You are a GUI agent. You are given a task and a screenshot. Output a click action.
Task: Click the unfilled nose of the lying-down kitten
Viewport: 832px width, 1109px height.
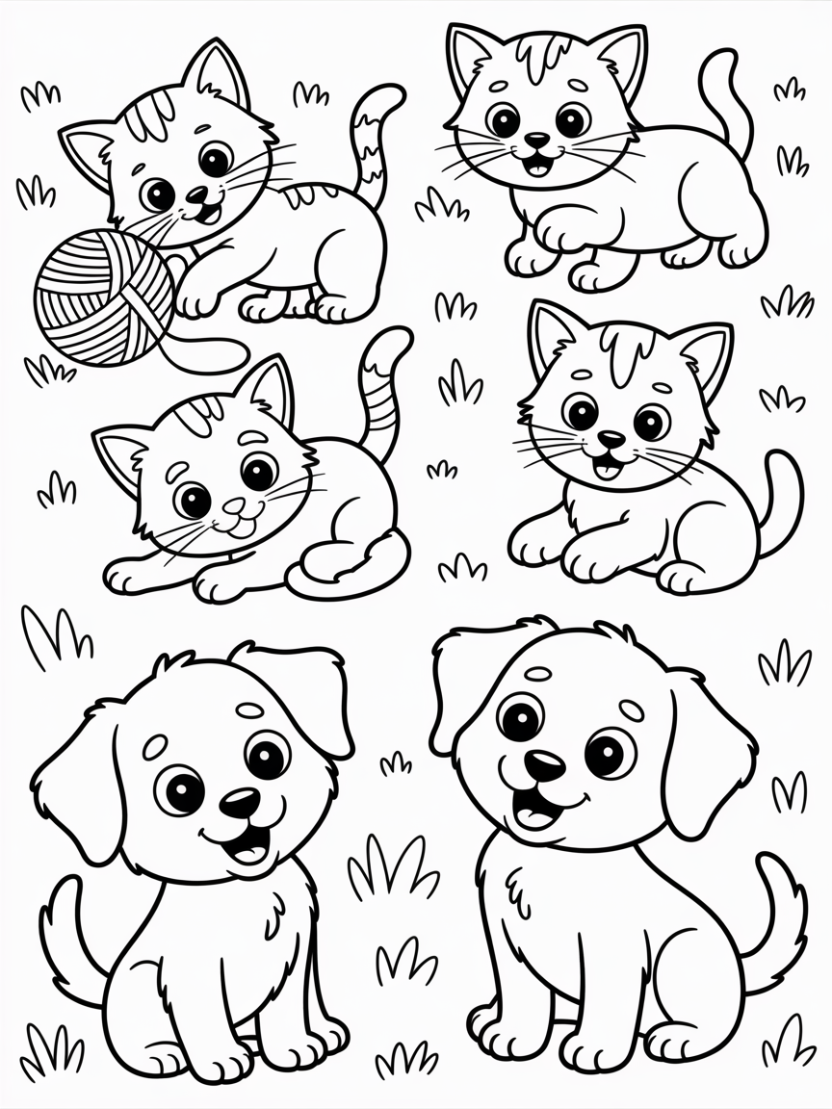235,506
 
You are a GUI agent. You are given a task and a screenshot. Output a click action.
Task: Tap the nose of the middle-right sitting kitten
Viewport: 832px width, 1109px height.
611,439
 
